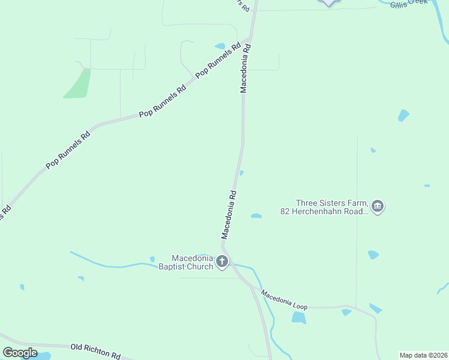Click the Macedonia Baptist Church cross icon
(222, 261)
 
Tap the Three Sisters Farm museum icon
(378, 207)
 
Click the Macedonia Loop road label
(285, 298)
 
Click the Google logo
(20, 352)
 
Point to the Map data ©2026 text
(423, 355)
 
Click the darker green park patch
(78, 84)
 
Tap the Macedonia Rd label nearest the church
(230, 214)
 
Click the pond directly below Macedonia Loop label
(298, 317)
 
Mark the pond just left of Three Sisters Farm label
(256, 216)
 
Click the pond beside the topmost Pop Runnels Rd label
(220, 46)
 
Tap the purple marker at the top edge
(328, 2)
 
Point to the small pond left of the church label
(152, 259)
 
